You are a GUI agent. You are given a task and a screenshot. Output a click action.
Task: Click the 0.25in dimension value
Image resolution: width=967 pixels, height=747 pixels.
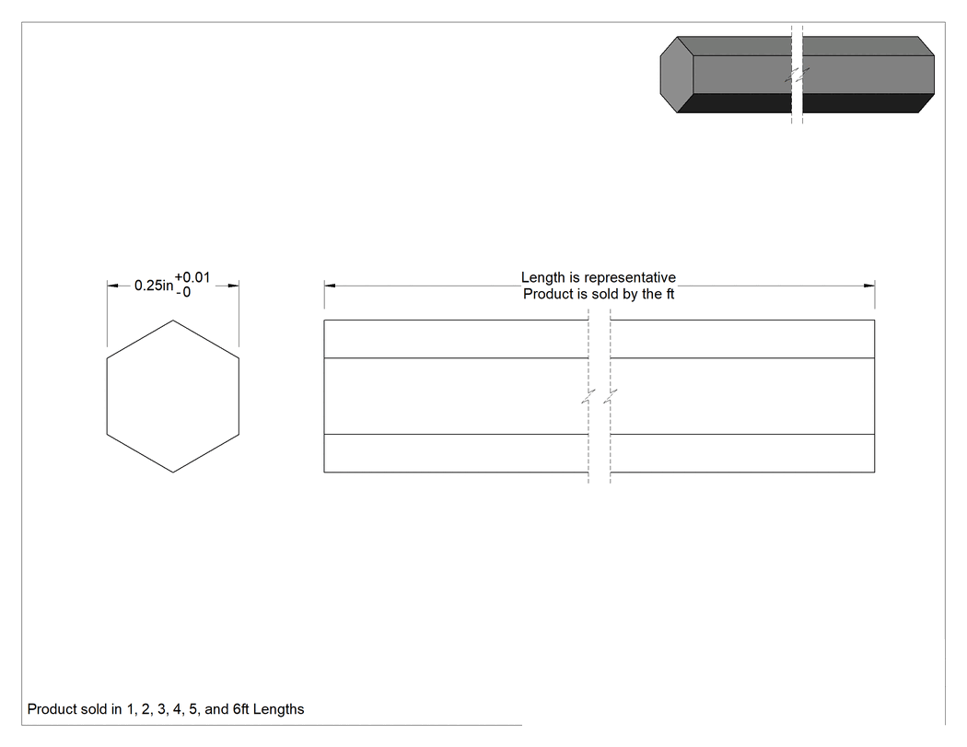click(x=154, y=286)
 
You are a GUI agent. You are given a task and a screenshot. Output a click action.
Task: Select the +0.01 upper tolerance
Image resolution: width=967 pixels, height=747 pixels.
click(x=192, y=277)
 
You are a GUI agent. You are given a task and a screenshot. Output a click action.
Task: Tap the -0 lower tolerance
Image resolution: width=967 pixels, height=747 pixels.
click(x=183, y=292)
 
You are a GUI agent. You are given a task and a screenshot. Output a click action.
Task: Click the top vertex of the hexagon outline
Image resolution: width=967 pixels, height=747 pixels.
click(x=173, y=321)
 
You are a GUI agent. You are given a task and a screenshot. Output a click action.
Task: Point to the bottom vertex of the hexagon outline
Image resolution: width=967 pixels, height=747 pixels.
click(x=173, y=473)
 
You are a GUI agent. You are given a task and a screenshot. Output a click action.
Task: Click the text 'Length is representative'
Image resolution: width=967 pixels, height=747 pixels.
click(x=599, y=277)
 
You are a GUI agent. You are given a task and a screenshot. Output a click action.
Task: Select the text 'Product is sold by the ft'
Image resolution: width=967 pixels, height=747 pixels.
click(x=599, y=294)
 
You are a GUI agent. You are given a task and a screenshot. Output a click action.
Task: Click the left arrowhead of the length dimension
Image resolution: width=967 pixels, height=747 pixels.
click(x=330, y=286)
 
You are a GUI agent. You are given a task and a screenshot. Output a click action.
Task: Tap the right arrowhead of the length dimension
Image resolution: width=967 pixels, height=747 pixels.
click(x=869, y=286)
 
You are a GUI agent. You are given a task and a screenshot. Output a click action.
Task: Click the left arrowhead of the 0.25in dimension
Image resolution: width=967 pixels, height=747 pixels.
click(x=112, y=286)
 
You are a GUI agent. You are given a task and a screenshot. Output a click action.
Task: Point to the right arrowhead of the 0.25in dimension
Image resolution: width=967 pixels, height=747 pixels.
click(x=233, y=286)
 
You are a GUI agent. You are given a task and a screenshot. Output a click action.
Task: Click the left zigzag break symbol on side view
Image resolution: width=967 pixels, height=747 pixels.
click(x=588, y=396)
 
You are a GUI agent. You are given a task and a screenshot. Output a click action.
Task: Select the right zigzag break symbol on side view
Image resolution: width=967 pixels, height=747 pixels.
click(x=611, y=396)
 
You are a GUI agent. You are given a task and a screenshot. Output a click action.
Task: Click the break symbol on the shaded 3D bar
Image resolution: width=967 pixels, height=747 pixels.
click(x=797, y=76)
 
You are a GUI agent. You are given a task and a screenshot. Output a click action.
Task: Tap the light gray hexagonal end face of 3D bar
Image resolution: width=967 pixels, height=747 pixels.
click(x=677, y=75)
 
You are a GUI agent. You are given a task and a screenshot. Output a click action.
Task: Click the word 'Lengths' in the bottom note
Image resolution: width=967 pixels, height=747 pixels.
click(x=278, y=709)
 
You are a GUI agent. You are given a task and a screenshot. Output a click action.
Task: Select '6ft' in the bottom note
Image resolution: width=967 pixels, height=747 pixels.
click(x=240, y=709)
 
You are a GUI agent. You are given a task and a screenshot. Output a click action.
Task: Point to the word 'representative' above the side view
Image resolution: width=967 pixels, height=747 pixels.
click(x=630, y=278)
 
